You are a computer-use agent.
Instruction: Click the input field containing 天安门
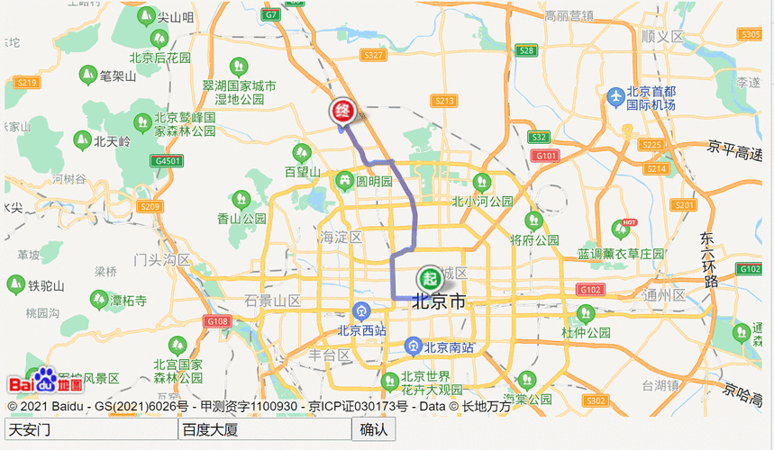point(90,429)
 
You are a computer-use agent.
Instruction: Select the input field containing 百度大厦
point(264,429)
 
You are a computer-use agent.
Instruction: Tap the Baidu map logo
point(45,383)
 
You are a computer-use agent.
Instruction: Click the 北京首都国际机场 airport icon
point(615,95)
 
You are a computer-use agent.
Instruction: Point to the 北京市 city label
point(440,302)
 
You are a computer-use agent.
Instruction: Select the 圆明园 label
point(374,181)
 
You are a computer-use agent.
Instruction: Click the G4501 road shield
point(168,161)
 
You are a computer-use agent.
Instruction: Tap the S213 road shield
point(443,101)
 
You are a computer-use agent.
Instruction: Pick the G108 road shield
point(217,321)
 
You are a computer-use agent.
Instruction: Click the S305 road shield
point(750,34)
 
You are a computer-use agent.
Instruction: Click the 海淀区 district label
point(341,238)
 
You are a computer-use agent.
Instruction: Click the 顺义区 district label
point(662,36)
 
